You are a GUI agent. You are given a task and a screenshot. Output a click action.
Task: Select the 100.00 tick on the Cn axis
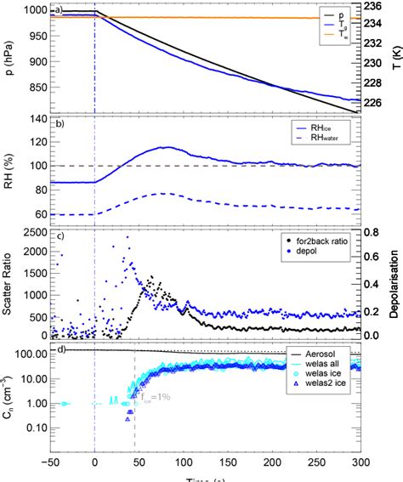pos(30,352)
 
